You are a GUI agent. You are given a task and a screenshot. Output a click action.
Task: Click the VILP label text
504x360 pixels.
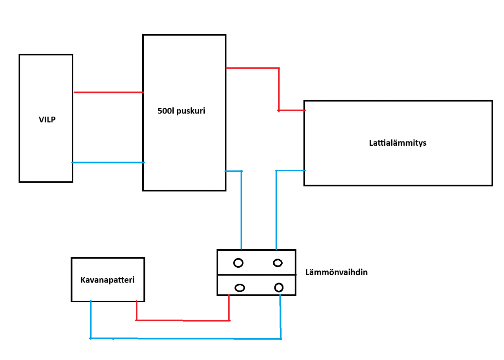coord(47,119)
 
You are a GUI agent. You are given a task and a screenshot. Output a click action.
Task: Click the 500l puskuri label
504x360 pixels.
coord(181,111)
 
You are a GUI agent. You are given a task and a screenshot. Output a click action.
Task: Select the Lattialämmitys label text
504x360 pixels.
coord(397,143)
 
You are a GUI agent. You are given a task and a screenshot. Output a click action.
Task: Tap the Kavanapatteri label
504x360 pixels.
coord(107,280)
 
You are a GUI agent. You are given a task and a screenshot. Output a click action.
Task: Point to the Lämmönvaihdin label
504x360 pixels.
coord(336,272)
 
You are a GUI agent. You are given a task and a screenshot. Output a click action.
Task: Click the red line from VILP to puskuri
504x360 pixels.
coord(109,92)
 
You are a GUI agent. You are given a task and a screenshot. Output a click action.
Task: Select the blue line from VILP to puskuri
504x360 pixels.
coord(109,162)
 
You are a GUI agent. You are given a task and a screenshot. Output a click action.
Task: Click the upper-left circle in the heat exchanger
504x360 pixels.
coord(238,263)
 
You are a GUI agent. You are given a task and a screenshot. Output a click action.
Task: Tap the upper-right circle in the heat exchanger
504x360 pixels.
coord(278,263)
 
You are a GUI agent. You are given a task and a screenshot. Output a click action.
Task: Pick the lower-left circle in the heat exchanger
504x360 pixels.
coord(240,288)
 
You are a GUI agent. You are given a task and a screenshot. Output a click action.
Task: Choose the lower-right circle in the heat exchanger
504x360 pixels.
coord(279,287)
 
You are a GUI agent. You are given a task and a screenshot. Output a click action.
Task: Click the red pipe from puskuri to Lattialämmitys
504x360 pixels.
coord(279,89)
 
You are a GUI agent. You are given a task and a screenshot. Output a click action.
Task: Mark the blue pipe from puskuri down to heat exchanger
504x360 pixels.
coord(242,209)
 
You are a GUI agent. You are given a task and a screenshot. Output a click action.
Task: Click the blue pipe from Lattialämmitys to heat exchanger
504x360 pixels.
coord(276,209)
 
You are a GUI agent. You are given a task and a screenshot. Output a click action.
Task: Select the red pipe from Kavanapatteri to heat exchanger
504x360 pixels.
coord(182,320)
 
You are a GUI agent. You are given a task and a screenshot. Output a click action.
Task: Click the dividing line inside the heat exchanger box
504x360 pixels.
coord(256,275)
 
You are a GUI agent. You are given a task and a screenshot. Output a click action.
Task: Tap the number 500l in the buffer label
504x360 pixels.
coord(165,111)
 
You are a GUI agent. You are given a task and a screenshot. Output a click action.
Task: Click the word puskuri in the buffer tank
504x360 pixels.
coord(190,111)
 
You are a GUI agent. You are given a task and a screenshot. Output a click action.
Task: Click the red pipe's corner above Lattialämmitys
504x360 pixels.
coord(279,68)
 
